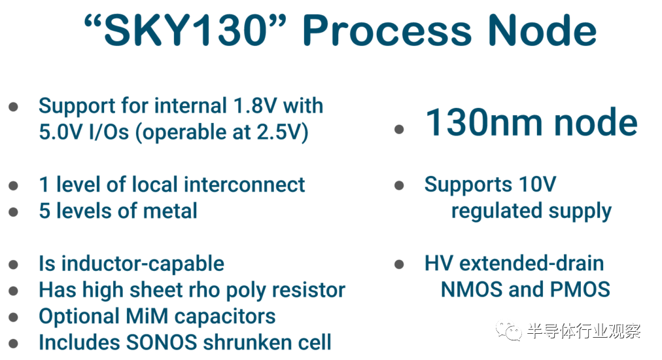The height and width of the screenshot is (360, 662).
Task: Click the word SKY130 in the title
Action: (186, 30)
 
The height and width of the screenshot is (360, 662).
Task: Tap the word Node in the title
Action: (542, 30)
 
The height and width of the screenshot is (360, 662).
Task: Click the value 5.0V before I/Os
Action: (60, 132)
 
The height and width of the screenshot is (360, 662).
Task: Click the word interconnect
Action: (245, 185)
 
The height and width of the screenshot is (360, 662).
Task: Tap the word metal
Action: (171, 211)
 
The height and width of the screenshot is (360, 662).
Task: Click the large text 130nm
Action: (484, 122)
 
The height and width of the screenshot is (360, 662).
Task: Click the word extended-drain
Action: (532, 263)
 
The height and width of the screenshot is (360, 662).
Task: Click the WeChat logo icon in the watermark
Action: (509, 331)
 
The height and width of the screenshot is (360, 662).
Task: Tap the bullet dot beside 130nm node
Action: (399, 129)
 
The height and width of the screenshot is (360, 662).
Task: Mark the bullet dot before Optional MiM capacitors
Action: (13, 317)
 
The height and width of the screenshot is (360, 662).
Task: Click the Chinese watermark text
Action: (584, 331)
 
